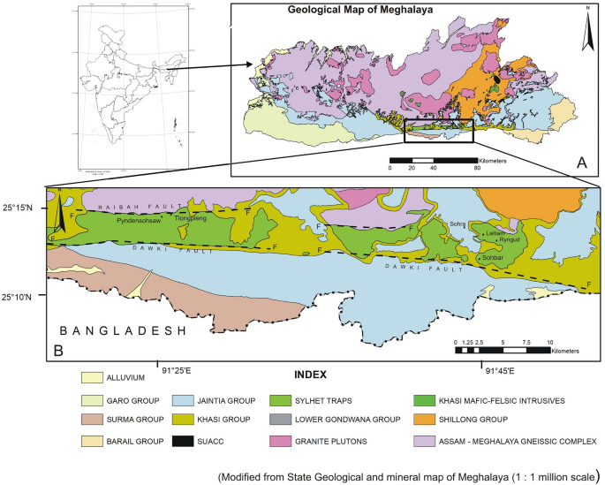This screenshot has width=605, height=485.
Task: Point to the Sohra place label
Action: pos(457,224)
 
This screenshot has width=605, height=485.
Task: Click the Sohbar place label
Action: pos(493,257)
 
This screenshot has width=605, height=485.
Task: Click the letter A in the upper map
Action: pos(581,162)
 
